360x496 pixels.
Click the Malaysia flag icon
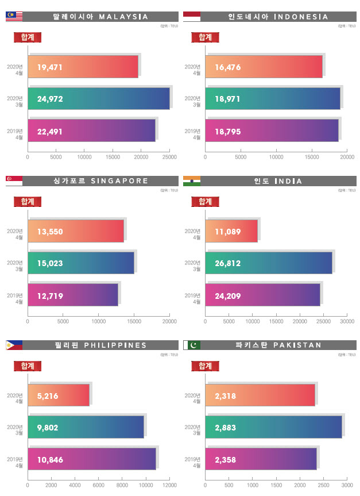coord(14,16)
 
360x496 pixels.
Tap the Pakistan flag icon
coord(192,345)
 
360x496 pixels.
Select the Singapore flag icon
coord(14,180)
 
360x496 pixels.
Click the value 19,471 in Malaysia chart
coord(49,68)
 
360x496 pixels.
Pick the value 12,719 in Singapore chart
coord(49,296)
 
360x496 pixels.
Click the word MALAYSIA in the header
coord(123,17)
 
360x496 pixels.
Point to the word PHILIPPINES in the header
coord(115,345)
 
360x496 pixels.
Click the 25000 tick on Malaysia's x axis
coord(169,156)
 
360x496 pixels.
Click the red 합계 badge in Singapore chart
coord(28,201)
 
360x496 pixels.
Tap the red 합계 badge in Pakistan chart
coord(205,366)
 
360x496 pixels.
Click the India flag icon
coord(192,180)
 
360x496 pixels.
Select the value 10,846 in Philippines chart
coord(49,460)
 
